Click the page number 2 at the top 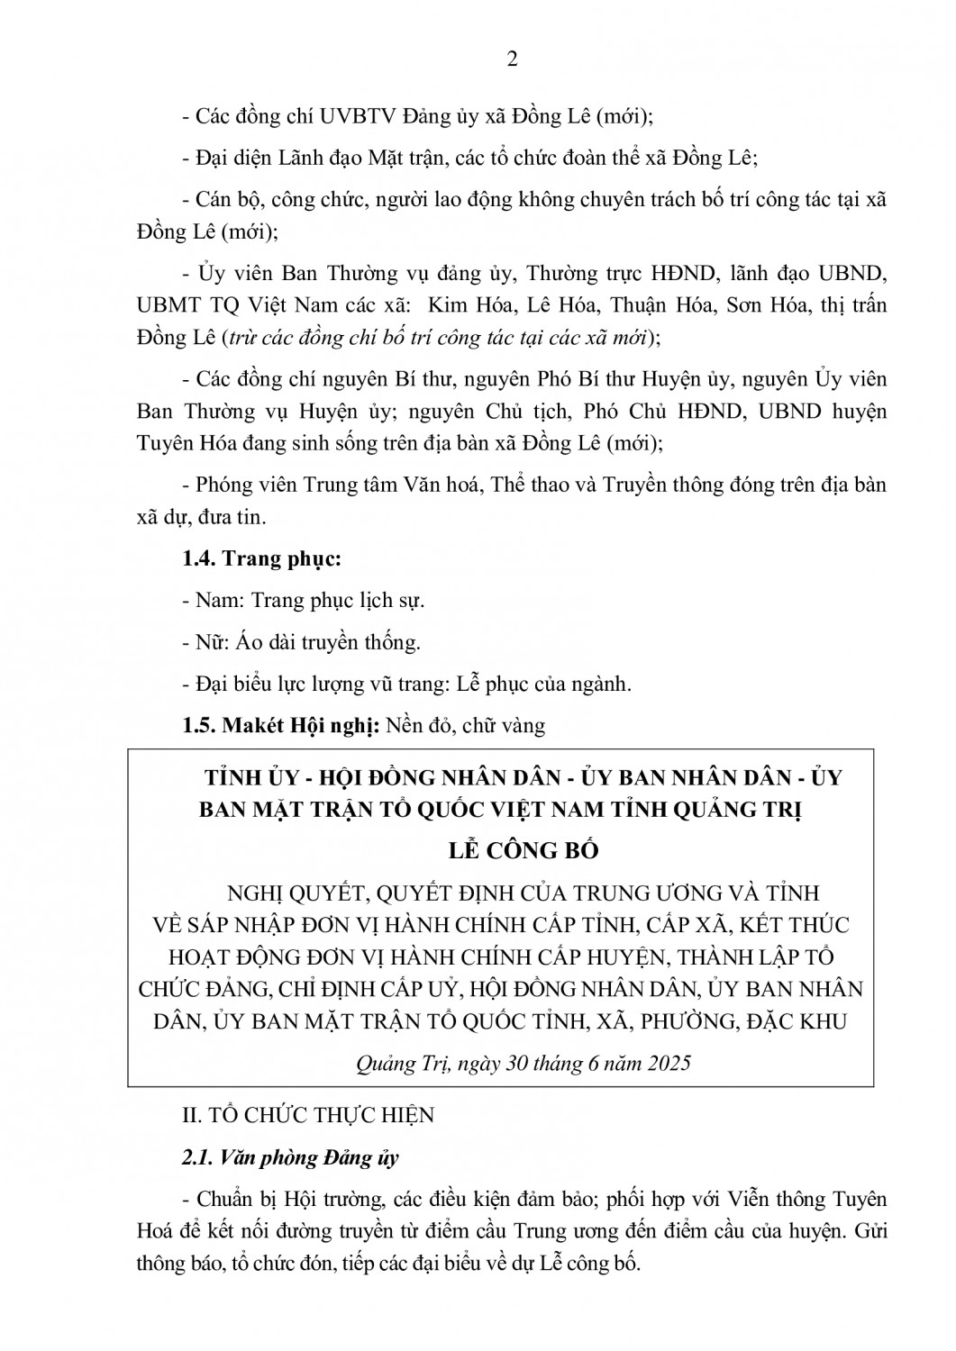513,59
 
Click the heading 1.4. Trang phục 262,559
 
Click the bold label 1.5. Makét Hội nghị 279,725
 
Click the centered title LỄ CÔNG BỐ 524,850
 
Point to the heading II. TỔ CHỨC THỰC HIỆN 308,1116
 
